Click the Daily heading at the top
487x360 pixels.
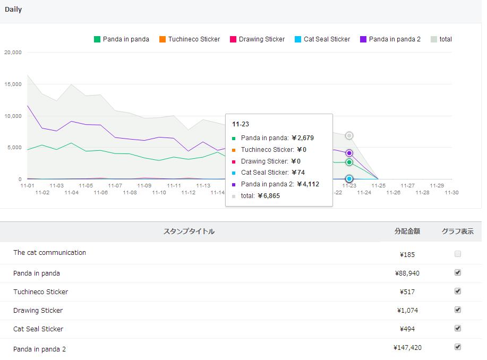point(13,10)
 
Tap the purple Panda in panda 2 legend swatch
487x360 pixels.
point(363,39)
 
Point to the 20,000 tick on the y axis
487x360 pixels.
point(13,53)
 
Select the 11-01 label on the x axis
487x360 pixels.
point(27,186)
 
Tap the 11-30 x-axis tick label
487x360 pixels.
point(451,193)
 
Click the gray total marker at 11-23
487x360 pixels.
point(349,136)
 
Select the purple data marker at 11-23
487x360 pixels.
point(349,153)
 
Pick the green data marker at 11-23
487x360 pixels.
point(349,162)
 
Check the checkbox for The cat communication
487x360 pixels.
point(458,254)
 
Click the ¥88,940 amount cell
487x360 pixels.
point(407,273)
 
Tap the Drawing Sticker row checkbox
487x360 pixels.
point(458,310)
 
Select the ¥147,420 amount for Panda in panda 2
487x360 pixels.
point(407,348)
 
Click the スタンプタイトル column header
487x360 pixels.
point(189,232)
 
